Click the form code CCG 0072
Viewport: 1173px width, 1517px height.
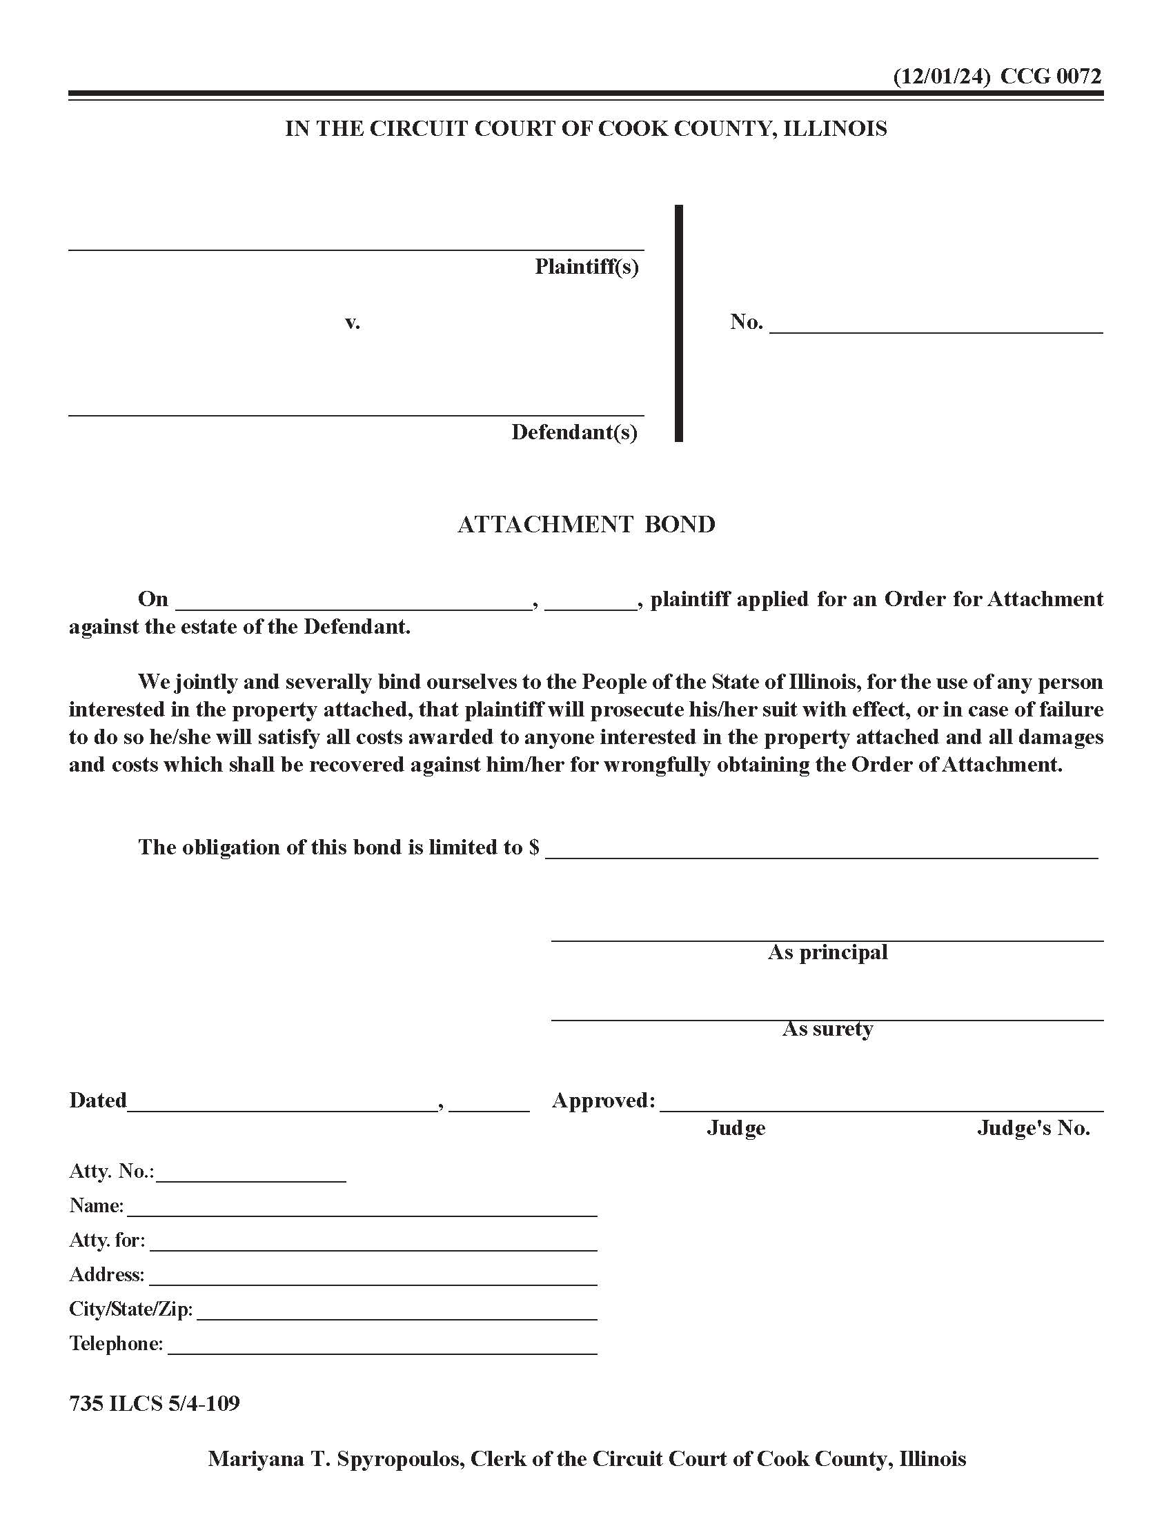[x=1051, y=76]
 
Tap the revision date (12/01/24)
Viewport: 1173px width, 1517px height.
[x=941, y=76]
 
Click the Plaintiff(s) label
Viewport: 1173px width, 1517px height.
[x=586, y=267]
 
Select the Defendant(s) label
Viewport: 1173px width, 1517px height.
[x=575, y=433]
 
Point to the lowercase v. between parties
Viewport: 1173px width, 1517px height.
[x=353, y=322]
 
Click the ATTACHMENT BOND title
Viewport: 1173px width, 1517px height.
[x=586, y=525]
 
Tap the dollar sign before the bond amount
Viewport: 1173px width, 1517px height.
[x=533, y=847]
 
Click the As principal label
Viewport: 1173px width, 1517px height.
[x=827, y=952]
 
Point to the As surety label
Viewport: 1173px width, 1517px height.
[x=827, y=1029]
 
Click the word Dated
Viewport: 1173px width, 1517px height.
[x=98, y=1101]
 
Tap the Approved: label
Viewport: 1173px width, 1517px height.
[x=603, y=1101]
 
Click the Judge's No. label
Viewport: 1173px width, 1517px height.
[x=1034, y=1128]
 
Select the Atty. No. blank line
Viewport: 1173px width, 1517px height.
[x=251, y=1174]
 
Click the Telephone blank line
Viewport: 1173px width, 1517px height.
[x=382, y=1346]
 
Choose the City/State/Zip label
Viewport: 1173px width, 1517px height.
[x=130, y=1309]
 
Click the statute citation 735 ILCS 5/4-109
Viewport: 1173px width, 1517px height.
[x=155, y=1404]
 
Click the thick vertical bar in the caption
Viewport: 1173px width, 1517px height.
[x=679, y=323]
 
